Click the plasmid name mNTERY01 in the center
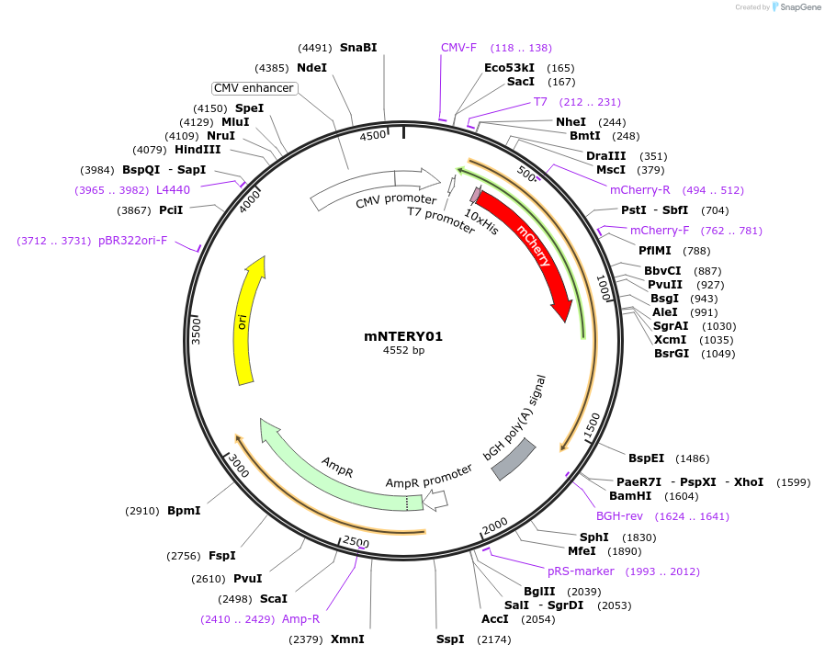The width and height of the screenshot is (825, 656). [x=403, y=336]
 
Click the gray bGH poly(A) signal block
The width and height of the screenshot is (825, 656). [x=514, y=458]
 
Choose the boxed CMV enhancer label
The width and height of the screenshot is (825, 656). [x=254, y=88]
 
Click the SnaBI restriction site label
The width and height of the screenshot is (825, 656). [x=358, y=48]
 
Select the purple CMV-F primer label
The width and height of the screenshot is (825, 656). [x=458, y=48]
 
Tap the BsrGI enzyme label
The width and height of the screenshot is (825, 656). [x=671, y=354]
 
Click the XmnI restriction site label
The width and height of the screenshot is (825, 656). [x=347, y=639]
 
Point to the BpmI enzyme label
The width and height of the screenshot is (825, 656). [x=184, y=511]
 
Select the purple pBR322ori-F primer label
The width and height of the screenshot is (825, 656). [x=133, y=241]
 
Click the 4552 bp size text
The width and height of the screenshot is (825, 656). [x=403, y=351]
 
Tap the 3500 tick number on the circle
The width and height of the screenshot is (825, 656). [x=196, y=332]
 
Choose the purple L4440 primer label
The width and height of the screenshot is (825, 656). [x=173, y=190]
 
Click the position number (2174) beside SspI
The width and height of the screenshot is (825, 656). [x=494, y=639]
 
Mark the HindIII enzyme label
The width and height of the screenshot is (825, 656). [x=198, y=150]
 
